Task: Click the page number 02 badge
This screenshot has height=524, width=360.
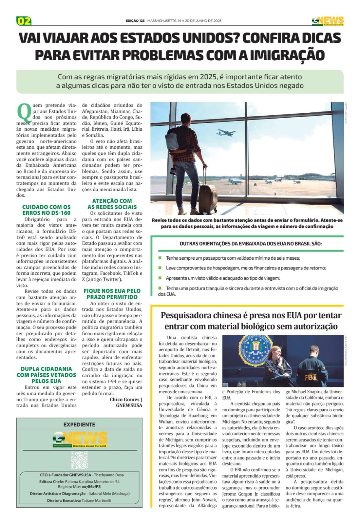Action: (x=24, y=21)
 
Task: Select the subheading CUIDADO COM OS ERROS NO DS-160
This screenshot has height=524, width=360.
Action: (x=46, y=210)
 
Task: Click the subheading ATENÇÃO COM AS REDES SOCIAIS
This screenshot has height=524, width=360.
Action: (x=112, y=204)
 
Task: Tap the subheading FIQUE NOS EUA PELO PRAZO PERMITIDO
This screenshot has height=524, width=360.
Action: (x=112, y=294)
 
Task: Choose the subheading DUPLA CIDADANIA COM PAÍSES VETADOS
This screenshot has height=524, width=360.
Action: (x=46, y=375)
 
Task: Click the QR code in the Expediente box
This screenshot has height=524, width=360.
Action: (x=79, y=460)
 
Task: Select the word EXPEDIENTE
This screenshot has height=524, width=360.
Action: (x=79, y=424)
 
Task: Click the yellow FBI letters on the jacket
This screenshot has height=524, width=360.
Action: (x=311, y=377)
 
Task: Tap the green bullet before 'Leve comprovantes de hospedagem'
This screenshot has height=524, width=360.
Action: (x=160, y=268)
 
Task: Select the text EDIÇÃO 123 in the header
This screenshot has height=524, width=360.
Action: (x=135, y=21)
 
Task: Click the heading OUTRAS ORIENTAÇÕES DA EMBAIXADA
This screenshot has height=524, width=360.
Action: (x=251, y=244)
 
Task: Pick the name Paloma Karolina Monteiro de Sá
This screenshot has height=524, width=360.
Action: (x=92, y=481)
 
